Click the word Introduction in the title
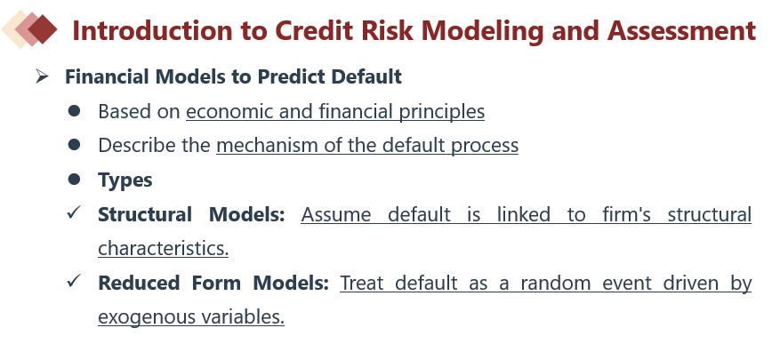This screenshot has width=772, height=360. pos(152,30)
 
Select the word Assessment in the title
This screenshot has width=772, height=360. pos(681,30)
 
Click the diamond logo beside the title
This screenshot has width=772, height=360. pos(29,29)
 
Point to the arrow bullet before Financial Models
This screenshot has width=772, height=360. pos(43,76)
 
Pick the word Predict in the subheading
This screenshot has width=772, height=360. pos(291,76)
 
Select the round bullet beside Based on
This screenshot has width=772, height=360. pos(75,111)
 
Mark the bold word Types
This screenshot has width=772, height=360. pos(125,180)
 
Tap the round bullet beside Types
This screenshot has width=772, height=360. pos(75,180)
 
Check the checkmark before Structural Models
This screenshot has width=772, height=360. pos(74,213)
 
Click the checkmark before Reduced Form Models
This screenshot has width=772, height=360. pos(74,281)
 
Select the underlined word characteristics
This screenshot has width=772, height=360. pos(164,248)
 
